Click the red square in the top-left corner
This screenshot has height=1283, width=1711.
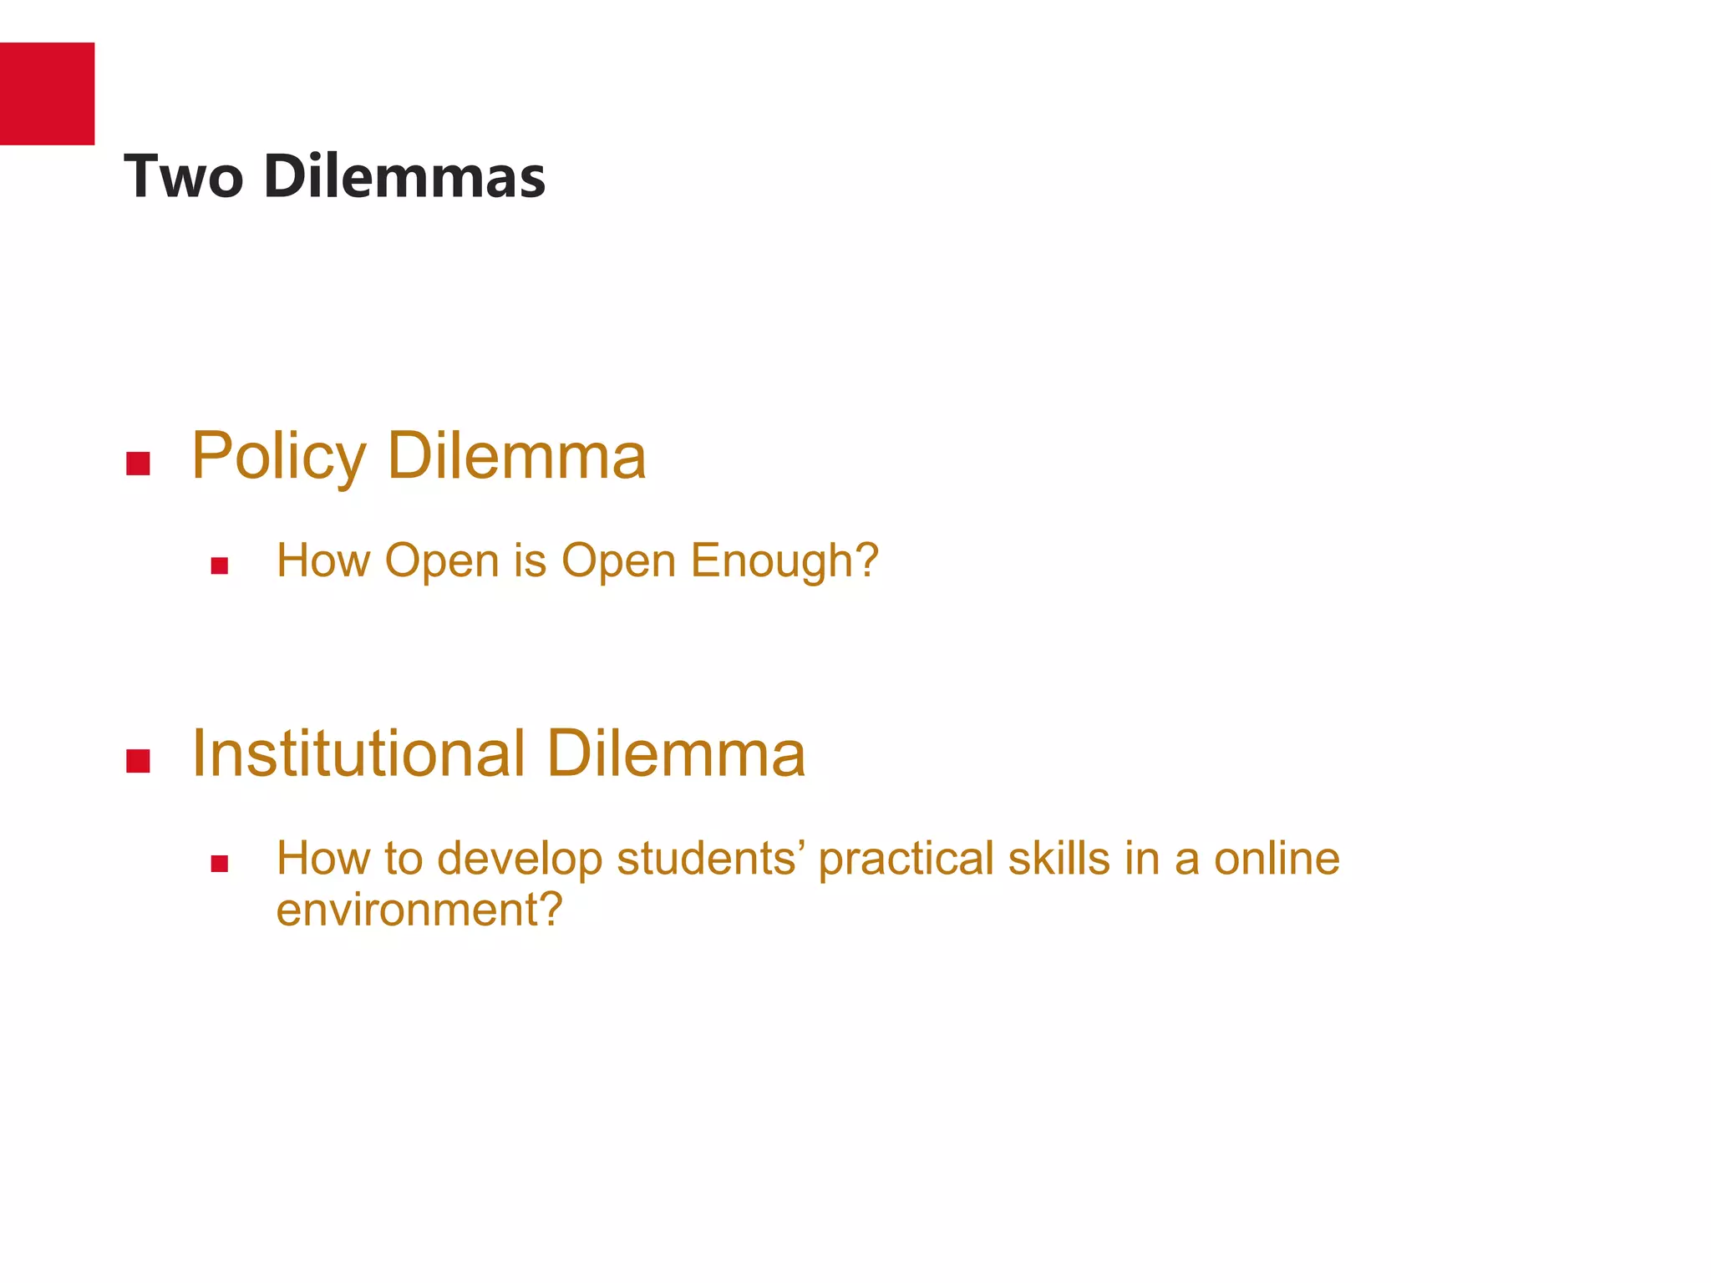47,94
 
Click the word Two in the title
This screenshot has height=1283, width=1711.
184,177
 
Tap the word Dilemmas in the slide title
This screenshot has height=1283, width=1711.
404,177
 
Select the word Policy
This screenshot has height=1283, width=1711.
279,457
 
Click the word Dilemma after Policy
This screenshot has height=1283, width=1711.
517,457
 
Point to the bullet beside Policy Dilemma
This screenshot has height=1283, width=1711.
138,464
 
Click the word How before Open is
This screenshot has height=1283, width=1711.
323,560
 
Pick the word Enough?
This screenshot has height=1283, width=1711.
785,560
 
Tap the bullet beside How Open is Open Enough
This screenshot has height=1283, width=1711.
220,566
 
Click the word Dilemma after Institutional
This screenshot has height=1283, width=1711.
676,753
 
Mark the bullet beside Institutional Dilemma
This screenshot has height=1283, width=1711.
138,761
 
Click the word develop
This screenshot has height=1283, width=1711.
520,859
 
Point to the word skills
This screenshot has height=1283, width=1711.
1059,859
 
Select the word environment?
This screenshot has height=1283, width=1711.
419,910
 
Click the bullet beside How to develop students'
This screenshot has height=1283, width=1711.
220,865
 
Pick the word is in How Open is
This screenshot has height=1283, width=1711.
530,560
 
